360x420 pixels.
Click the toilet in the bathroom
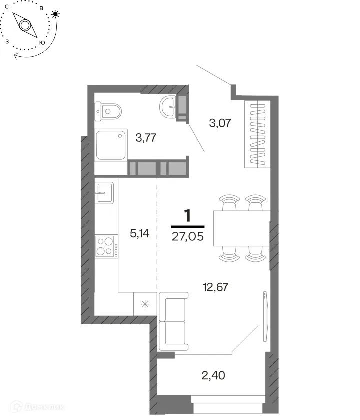[108, 111]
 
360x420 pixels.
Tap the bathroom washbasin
[168, 106]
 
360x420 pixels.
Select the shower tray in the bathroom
[111, 145]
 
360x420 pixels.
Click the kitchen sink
[104, 193]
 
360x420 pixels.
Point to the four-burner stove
[106, 246]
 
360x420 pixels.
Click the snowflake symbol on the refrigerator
[145, 304]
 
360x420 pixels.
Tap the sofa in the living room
[173, 321]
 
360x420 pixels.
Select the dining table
[241, 228]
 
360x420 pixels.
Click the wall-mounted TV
[265, 316]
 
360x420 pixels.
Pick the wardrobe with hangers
[257, 134]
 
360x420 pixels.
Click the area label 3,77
[146, 138]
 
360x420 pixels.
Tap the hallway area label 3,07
[220, 123]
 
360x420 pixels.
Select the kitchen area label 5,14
[140, 234]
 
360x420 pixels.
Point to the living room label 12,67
[215, 287]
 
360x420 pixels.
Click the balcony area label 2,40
[213, 376]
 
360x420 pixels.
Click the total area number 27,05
[188, 237]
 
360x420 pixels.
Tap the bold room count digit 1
[188, 216]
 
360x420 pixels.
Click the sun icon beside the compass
[55, 14]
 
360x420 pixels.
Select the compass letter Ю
[42, 43]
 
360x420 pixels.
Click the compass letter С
[7, 7]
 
